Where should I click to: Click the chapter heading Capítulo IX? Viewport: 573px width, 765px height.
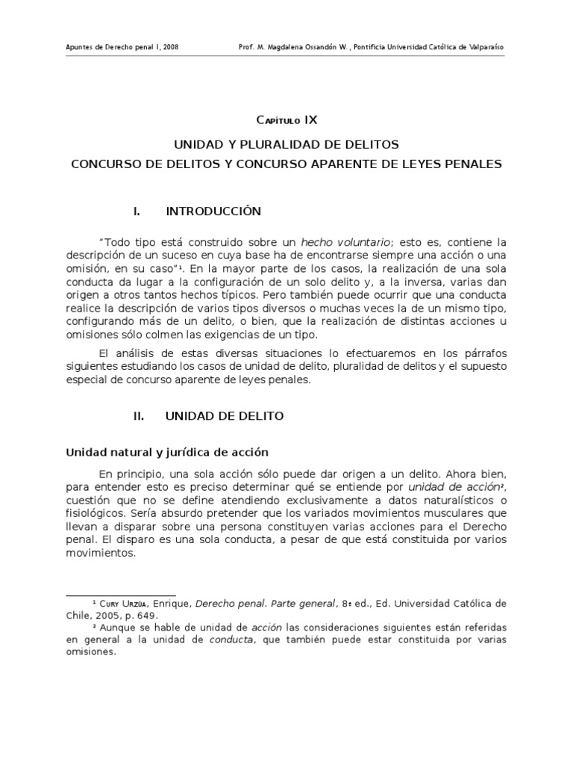[287, 120]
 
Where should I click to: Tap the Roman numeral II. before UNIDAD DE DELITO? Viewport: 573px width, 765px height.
[139, 416]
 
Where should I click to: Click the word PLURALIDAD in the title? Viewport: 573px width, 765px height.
[286, 144]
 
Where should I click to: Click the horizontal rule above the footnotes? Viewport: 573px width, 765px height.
[121, 595]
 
